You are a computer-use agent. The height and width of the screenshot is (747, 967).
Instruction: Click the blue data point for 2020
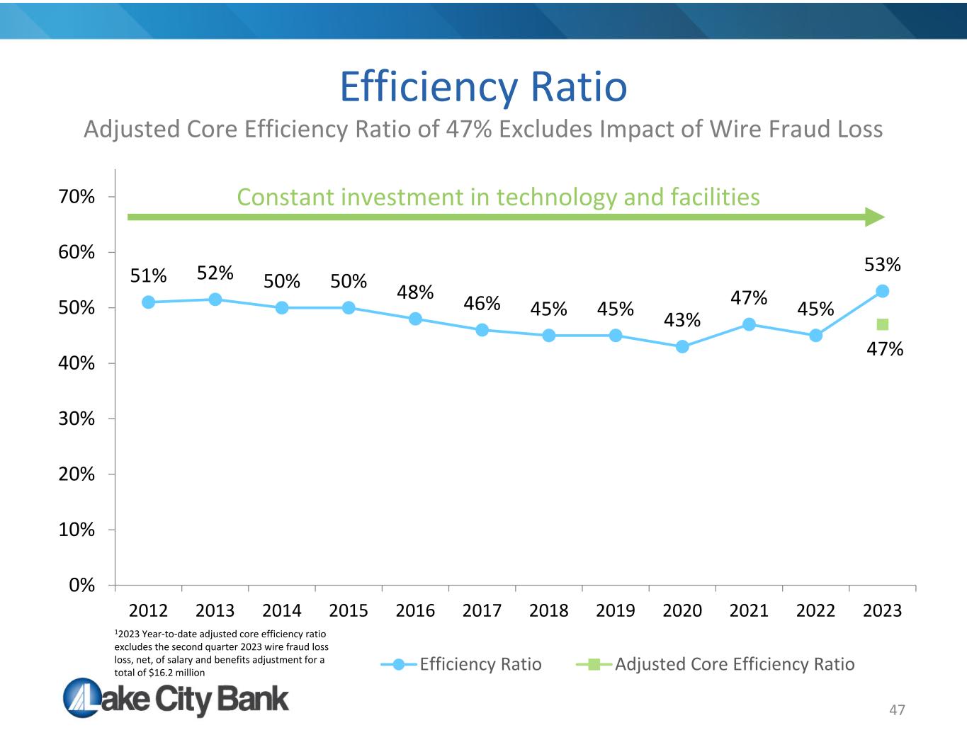click(682, 346)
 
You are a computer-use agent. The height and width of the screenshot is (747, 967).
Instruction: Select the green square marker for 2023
click(883, 324)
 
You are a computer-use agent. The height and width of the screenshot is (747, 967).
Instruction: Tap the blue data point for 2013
click(215, 300)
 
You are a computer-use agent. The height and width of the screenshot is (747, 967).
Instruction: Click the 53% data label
click(883, 265)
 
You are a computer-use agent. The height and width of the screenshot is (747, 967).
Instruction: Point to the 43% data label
click(682, 320)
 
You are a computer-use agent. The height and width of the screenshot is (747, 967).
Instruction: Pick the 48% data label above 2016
click(415, 292)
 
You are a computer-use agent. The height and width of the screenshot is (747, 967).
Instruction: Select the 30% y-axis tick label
click(76, 419)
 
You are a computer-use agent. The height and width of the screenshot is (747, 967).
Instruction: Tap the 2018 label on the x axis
click(549, 610)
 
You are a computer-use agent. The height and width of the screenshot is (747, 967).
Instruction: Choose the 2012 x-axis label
click(148, 610)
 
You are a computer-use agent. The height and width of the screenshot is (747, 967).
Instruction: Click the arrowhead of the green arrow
click(875, 217)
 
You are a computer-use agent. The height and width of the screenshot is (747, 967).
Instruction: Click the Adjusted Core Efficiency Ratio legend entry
click(716, 664)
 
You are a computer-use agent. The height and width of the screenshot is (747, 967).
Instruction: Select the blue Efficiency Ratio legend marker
click(399, 665)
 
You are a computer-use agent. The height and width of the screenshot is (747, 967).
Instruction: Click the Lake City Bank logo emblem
click(82, 697)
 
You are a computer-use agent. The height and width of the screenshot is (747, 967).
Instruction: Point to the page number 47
click(897, 710)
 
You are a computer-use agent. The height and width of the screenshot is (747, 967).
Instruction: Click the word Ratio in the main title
click(579, 86)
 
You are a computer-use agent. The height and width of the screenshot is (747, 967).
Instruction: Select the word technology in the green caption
click(556, 198)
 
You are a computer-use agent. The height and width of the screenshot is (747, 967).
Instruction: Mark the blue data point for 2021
click(749, 324)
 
